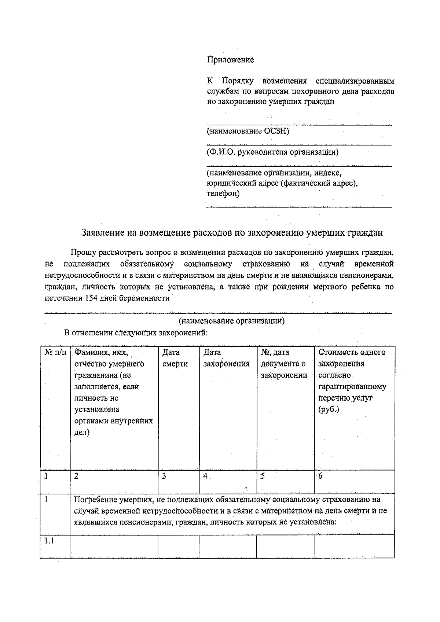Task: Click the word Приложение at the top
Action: [x=231, y=60]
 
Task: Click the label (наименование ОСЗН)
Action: [x=248, y=131]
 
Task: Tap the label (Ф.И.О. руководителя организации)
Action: [x=272, y=152]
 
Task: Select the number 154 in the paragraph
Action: [x=91, y=298]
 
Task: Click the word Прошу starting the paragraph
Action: [x=84, y=252]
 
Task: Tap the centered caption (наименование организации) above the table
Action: [x=231, y=321]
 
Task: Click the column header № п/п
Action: [x=55, y=353]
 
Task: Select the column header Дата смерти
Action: [x=175, y=358]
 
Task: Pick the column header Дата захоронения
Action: [x=226, y=358]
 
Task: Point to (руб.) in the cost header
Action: [x=329, y=409]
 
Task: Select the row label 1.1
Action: [x=49, y=541]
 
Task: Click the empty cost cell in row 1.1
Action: [x=354, y=546]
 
